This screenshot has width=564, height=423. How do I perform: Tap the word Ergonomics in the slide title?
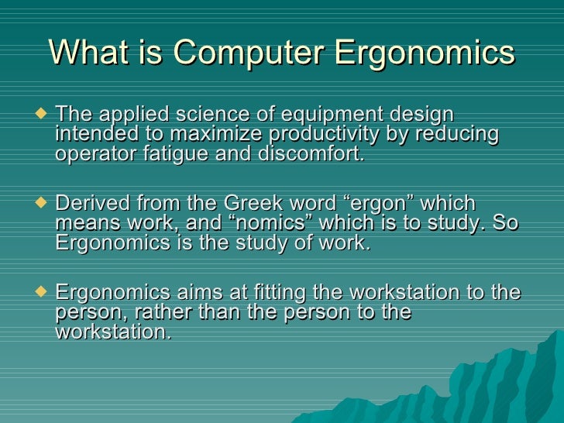424,53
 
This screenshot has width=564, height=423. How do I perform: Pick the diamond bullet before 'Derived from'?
42,204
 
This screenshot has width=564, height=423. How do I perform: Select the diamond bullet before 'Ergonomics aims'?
42,293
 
